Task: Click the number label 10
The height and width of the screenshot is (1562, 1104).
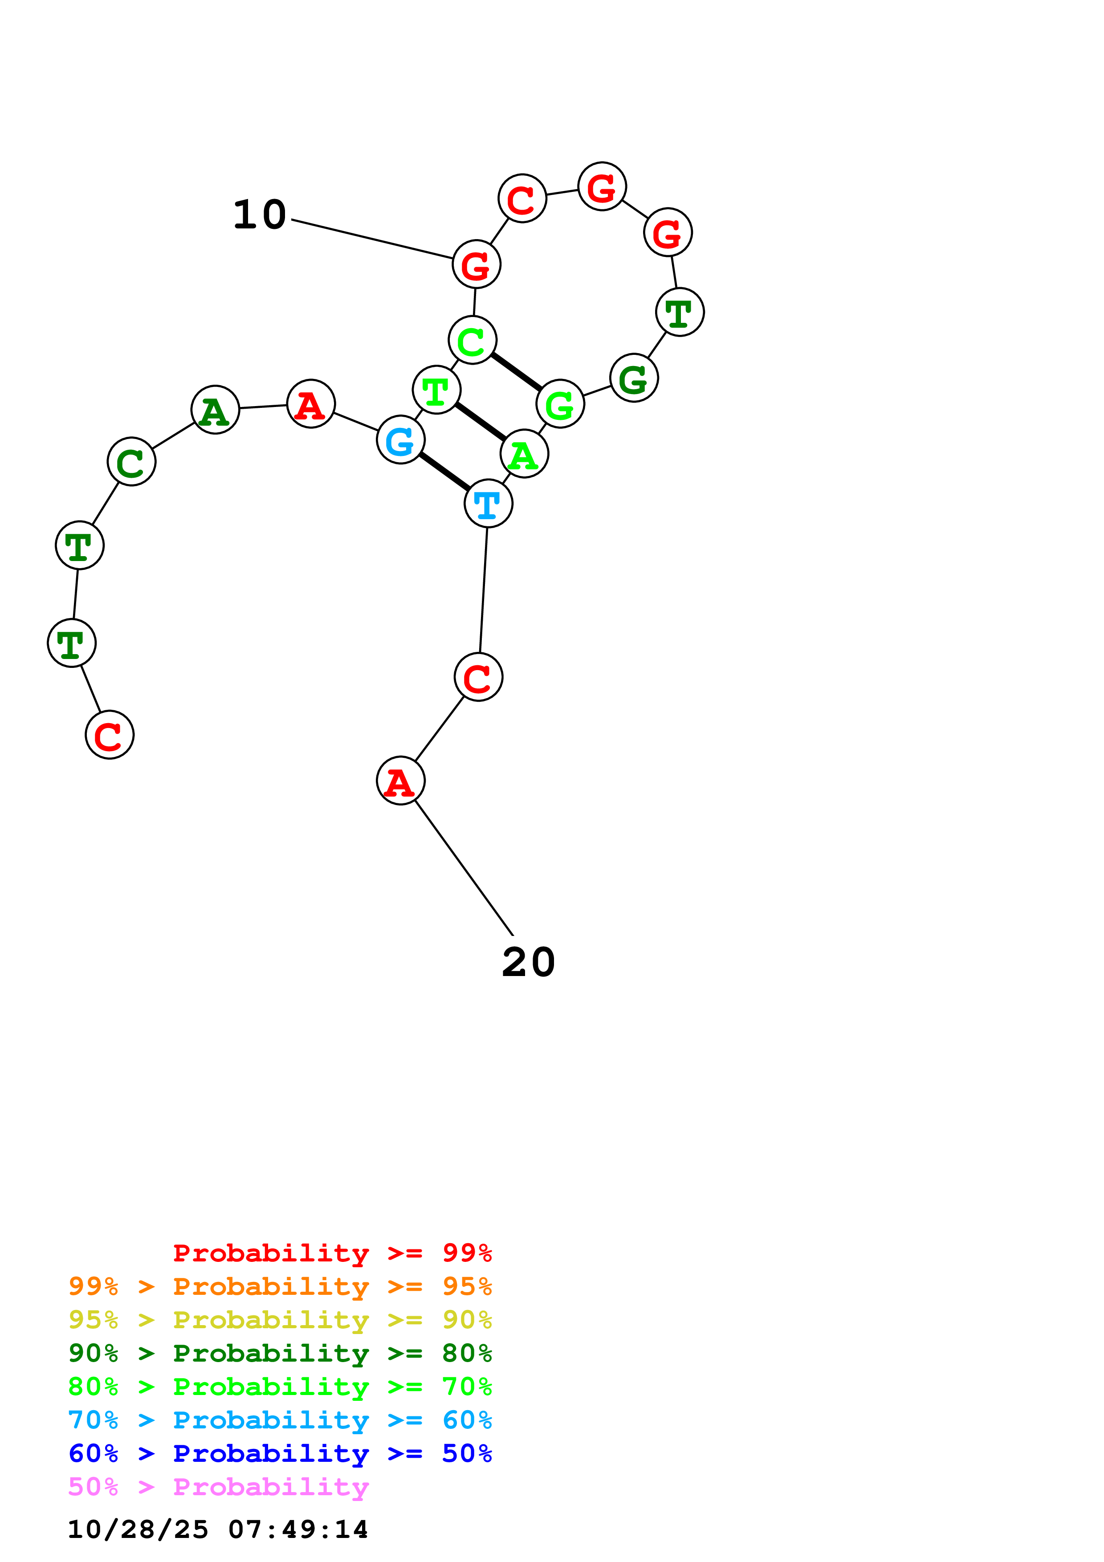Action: click(259, 215)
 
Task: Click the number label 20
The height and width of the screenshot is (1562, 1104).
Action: click(529, 963)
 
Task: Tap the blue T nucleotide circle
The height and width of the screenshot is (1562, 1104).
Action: click(489, 504)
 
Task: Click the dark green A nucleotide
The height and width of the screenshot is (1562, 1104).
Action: click(216, 410)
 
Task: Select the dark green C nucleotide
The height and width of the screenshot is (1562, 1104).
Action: click(132, 462)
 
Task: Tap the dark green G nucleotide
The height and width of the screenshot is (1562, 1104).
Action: click(634, 378)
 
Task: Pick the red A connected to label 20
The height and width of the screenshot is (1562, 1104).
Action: click(401, 780)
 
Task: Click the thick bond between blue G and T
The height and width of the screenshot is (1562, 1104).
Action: click(444, 472)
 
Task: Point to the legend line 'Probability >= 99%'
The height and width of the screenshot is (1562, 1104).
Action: click(332, 1253)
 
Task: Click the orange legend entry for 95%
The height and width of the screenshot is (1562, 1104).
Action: click(280, 1286)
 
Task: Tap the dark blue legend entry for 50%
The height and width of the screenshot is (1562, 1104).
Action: click(280, 1453)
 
